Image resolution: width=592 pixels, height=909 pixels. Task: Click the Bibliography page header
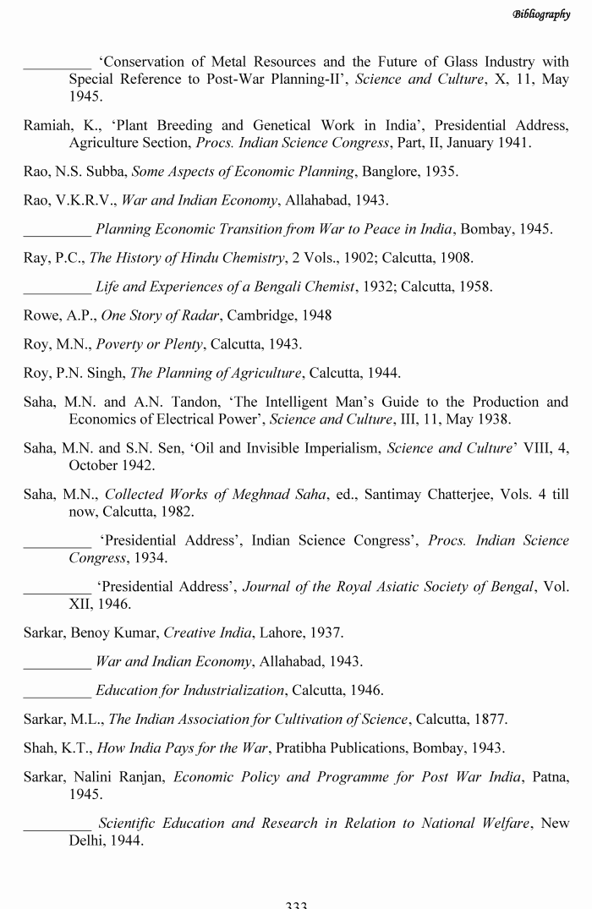click(x=553, y=14)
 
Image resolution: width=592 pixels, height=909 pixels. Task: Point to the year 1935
click(x=441, y=172)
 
